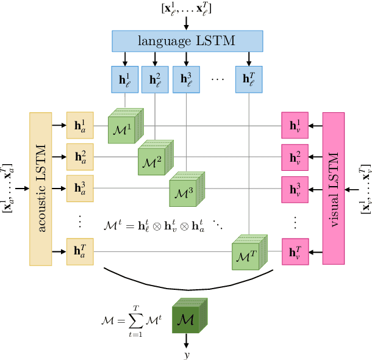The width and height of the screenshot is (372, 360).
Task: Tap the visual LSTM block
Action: tap(334, 189)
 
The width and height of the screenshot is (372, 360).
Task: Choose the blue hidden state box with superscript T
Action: tap(249, 79)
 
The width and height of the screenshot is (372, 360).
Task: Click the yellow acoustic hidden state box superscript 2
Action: tap(80, 157)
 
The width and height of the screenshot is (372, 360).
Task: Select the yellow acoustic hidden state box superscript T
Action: tap(80, 251)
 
